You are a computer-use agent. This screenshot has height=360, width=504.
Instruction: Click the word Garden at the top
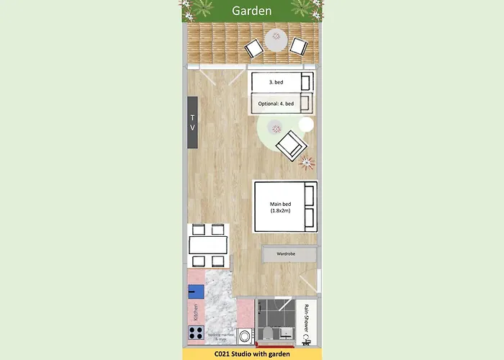click(x=251, y=11)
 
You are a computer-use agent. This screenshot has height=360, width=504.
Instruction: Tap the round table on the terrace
click(x=276, y=39)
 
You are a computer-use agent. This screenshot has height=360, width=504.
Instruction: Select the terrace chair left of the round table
click(x=254, y=48)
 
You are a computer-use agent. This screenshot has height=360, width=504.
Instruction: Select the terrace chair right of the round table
click(x=298, y=46)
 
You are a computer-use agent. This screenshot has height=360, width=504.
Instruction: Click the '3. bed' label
click(x=275, y=82)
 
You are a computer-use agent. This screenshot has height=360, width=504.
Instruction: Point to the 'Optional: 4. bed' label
click(x=276, y=104)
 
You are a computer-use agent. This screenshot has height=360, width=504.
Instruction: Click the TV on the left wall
click(x=192, y=122)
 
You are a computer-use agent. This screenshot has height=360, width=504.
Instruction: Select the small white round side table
click(x=306, y=125)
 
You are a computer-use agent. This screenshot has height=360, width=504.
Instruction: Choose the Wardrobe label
click(x=287, y=254)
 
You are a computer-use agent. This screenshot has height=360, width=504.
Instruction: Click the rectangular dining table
click(x=208, y=246)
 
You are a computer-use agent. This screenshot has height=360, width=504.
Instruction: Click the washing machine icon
click(x=244, y=335)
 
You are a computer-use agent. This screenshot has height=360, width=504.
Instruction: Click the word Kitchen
click(x=195, y=312)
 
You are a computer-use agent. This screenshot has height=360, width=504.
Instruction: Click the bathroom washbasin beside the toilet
click(x=284, y=333)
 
